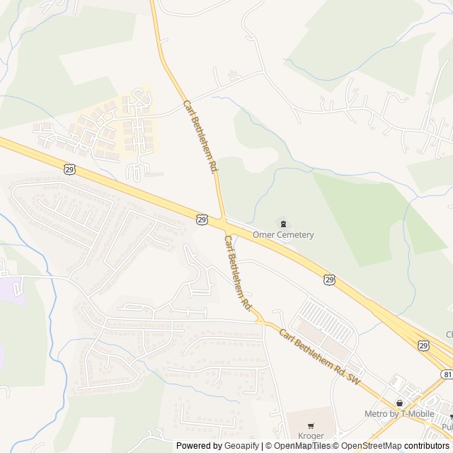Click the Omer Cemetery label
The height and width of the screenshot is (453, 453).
pyautogui.click(x=282, y=235)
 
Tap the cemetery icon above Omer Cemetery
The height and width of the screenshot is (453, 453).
pyautogui.click(x=283, y=224)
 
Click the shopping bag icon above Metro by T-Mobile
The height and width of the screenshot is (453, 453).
pyautogui.click(x=399, y=403)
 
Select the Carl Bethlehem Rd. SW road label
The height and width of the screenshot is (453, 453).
pyautogui.click(x=319, y=357)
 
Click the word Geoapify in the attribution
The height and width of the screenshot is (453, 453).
pyautogui.click(x=242, y=446)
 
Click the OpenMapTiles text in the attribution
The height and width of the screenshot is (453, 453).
pyautogui.click(x=301, y=446)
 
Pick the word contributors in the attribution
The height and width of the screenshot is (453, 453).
pyautogui.click(x=428, y=446)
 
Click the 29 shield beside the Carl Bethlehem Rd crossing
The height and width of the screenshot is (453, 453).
pyautogui.click(x=202, y=220)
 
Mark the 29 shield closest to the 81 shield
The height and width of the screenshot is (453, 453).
pyautogui.click(x=423, y=345)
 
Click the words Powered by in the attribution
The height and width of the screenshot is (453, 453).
pyautogui.click(x=199, y=446)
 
